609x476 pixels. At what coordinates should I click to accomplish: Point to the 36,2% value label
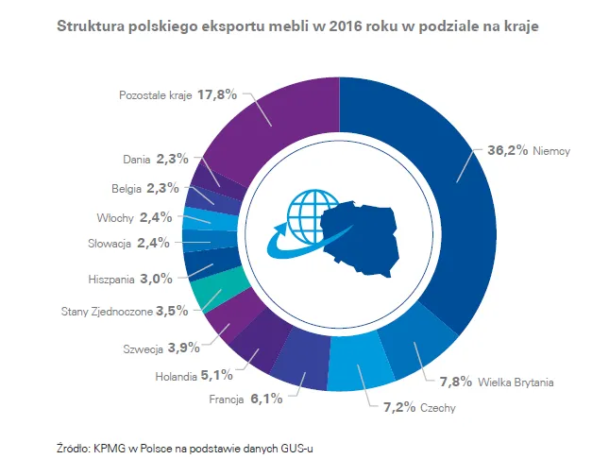(x=506, y=149)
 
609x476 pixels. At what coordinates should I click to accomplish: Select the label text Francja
(x=226, y=399)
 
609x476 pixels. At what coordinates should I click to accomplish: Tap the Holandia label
(x=175, y=377)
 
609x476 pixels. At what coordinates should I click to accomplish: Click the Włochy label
(x=114, y=217)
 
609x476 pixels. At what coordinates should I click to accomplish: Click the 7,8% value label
(x=456, y=382)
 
